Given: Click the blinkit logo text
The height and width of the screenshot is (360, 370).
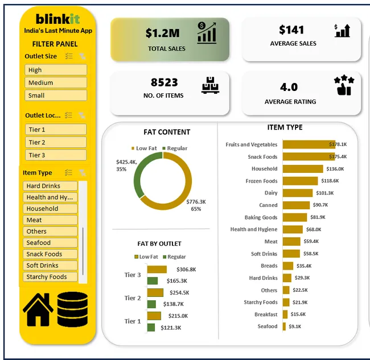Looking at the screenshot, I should coord(57,19).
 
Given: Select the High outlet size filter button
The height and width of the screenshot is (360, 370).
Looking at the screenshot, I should coord(56,70).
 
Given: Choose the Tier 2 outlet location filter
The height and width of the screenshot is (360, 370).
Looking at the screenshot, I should coord(56,142).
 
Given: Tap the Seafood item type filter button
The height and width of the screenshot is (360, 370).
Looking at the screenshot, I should coord(51,243).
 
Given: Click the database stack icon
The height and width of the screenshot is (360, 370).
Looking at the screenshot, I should coord(72,309).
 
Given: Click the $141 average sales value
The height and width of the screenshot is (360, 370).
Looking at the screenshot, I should coord(291,30).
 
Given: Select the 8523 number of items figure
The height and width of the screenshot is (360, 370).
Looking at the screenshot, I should coord(164,82).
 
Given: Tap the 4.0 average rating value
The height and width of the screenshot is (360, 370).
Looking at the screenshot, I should coord(289,87).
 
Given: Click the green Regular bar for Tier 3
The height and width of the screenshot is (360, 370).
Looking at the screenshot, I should coord(152,281).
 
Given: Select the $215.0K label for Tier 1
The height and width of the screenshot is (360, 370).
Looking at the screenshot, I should coord(178,316).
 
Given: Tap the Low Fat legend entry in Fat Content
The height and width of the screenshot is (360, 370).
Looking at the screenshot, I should coord(145,148).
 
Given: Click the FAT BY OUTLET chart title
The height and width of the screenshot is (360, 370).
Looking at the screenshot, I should coord(159,244).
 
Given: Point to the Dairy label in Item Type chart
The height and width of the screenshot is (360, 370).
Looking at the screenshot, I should coord(270,193).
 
